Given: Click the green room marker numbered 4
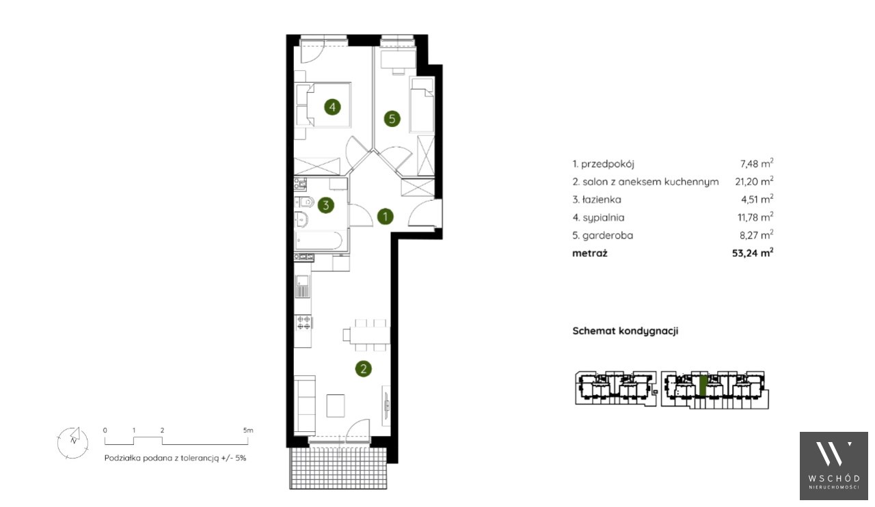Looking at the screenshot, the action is point(332,107).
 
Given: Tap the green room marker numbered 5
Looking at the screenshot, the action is point(392,118).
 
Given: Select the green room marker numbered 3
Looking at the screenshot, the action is point(326,205).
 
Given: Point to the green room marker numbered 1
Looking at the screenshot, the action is point(385,217).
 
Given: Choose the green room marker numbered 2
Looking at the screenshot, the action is point(363,369).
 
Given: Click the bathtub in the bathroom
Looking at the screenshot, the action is point(319,241).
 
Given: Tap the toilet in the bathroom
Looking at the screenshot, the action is point(305,202).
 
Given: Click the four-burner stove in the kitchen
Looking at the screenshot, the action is point(304,323).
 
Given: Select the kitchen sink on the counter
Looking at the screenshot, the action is point(302,286).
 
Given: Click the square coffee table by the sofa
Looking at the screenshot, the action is point(336,406).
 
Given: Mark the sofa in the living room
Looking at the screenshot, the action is point(305,405).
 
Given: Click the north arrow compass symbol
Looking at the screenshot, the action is point(72,443).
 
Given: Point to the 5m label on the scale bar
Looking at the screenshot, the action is point(248,430).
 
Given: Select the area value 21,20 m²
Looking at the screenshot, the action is point(754,181).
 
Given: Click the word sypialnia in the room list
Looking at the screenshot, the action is point(604,217).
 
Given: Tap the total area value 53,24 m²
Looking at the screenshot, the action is point(753,253).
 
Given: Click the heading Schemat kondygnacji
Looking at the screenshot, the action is point(625,331).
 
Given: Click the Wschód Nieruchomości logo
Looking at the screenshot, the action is point(833,465).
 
